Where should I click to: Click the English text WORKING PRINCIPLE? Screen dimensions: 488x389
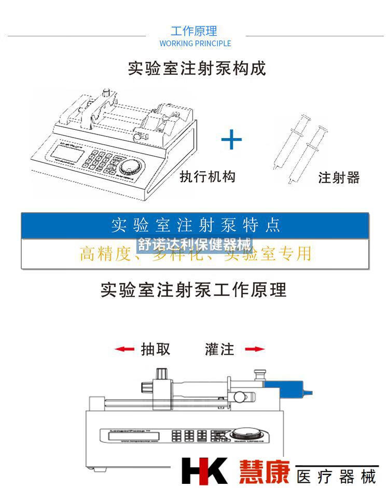[x=195, y=44]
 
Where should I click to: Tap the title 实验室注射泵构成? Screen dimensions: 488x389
[x=197, y=69]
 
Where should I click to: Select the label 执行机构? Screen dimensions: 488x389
[x=207, y=177]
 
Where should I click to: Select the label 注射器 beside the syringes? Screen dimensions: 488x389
[x=339, y=178]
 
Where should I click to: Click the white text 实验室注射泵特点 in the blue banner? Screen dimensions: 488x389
[x=196, y=225]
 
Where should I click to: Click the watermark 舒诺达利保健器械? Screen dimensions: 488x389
[x=195, y=244]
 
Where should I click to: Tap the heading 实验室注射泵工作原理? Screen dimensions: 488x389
[x=193, y=290]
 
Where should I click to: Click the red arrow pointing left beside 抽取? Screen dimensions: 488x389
[x=124, y=349]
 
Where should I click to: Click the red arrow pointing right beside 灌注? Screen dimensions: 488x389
[x=255, y=349]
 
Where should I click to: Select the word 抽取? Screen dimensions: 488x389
[x=156, y=349]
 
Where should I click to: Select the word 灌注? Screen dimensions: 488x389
[x=219, y=349]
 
